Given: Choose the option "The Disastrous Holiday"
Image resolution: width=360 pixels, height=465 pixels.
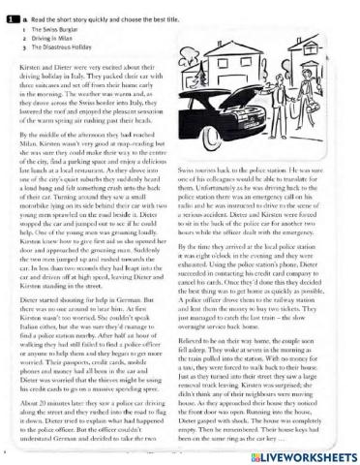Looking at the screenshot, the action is click(x=54, y=47).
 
